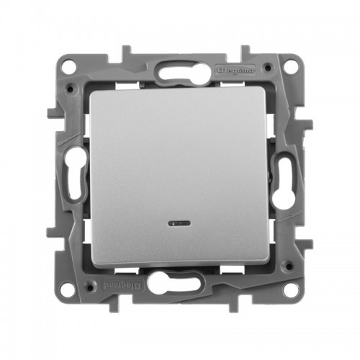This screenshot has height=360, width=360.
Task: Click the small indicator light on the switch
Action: (179, 224)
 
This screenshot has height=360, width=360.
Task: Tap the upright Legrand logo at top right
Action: (235, 71)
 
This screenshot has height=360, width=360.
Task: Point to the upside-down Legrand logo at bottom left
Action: (122, 285)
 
